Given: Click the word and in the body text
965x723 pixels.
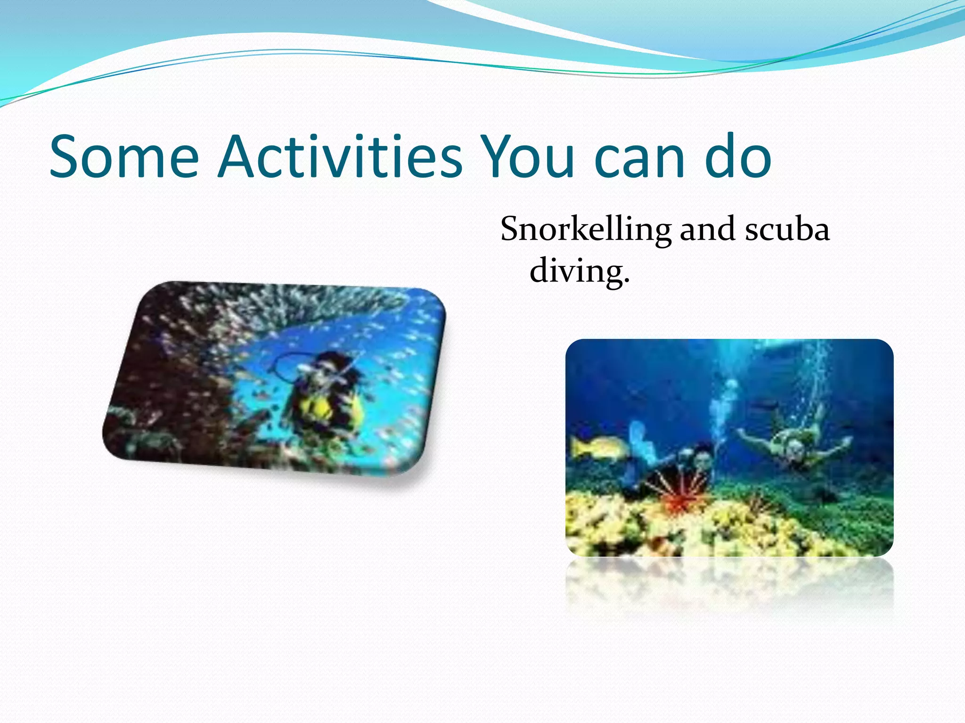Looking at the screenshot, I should [707, 229].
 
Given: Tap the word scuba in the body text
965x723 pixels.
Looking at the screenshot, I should [787, 229].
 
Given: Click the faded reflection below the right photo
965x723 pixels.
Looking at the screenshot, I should [729, 584].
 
